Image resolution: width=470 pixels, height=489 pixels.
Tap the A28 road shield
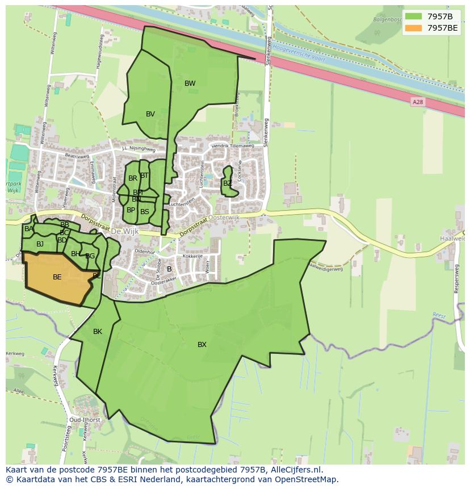coord(418,102)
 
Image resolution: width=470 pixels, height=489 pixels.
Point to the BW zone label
coord(190,83)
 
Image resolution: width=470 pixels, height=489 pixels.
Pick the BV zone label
coord(150,114)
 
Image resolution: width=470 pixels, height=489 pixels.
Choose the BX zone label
coord(202,345)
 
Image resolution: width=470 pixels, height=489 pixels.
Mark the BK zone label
coord(98,332)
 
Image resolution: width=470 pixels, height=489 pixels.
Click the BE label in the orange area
coord(57,277)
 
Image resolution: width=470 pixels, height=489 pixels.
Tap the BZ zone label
coord(227,183)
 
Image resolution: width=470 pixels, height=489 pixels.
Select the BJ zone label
coord(40,244)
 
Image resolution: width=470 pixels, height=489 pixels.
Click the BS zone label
coord(145,212)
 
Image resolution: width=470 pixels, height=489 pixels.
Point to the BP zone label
coord(131,210)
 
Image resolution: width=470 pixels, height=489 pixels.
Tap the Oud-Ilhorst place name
coord(85,420)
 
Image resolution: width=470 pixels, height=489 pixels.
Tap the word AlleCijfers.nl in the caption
coord(296,470)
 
